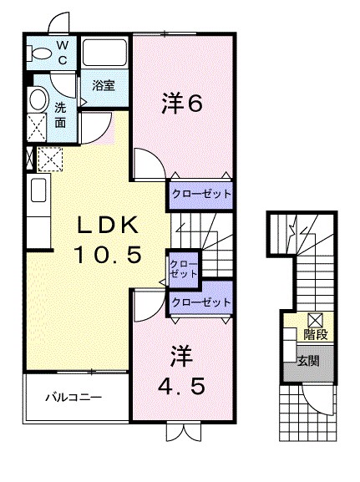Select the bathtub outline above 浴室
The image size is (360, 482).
[104, 53]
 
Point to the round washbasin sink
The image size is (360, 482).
[37, 100]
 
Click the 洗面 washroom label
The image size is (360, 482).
[61, 114]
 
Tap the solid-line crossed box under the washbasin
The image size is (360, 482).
[37, 128]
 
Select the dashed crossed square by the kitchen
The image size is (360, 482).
[49, 157]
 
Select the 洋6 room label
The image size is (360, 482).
[181, 104]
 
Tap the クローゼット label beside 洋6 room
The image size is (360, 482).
[200, 193]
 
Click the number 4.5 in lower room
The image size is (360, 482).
[181, 387]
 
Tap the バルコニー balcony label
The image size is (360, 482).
[74, 396]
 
